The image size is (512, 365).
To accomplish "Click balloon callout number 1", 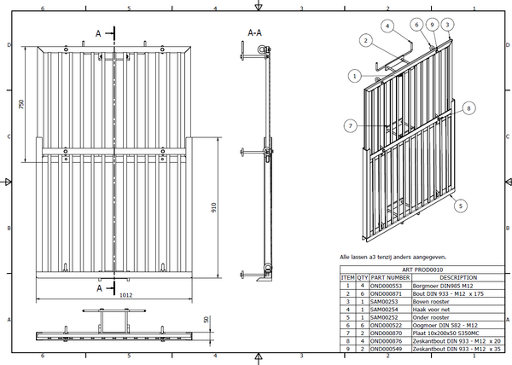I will (x=353, y=77).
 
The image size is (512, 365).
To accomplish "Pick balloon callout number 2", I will (x=364, y=40).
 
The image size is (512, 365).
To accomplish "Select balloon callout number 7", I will (x=350, y=125).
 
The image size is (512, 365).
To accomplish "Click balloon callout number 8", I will (x=468, y=108).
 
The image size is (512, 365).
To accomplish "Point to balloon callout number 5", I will (x=461, y=206).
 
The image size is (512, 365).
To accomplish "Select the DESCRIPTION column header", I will (x=458, y=277).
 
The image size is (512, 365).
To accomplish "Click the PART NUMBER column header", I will (x=390, y=277).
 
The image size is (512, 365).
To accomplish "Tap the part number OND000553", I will (x=387, y=285).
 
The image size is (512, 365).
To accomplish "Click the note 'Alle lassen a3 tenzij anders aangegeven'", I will (x=393, y=257).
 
